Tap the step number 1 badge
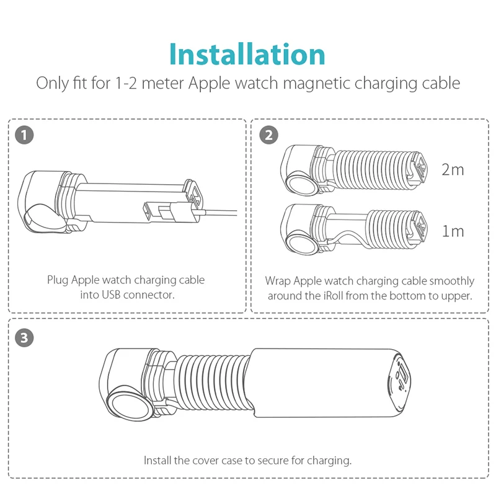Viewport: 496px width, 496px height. tap(24, 135)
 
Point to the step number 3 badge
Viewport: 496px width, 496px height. tap(24, 338)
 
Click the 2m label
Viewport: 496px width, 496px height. tap(453, 170)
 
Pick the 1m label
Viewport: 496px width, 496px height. tap(453, 231)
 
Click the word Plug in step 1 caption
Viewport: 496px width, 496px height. tap(58, 280)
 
